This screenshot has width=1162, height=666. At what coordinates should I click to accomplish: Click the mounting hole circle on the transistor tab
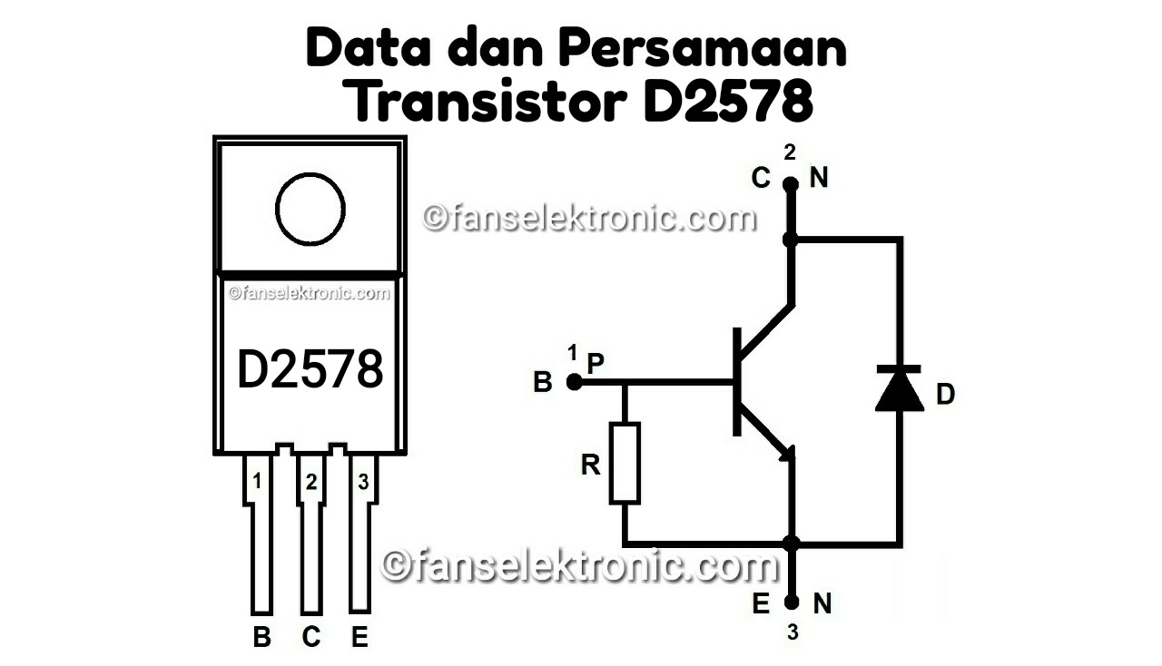[x=310, y=209]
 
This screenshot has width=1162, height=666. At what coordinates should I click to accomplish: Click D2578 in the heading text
[x=726, y=103]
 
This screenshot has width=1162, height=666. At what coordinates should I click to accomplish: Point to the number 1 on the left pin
[x=257, y=482]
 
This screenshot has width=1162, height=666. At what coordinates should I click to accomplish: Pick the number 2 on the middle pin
[x=310, y=483]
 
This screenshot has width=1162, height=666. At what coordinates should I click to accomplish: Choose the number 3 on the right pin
[x=363, y=482]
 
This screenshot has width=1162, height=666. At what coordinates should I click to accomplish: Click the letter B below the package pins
[x=261, y=638]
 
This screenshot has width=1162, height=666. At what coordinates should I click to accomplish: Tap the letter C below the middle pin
[x=311, y=638]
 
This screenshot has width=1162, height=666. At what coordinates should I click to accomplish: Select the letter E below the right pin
[x=359, y=638]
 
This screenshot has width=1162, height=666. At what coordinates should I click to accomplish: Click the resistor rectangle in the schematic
[x=625, y=462]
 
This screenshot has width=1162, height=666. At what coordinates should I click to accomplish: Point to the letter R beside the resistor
[x=591, y=465]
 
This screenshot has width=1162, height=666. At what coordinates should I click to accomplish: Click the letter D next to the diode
[x=945, y=395]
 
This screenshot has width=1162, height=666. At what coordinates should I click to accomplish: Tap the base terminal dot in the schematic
[x=574, y=382]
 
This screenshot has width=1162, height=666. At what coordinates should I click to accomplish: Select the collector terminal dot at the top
[x=791, y=184]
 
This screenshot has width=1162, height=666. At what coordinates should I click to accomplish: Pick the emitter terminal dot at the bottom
[x=792, y=602]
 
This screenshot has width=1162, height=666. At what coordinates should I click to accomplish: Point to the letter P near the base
[x=596, y=363]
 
